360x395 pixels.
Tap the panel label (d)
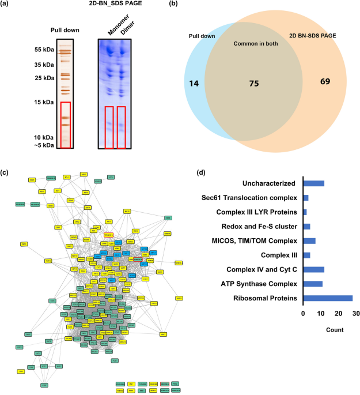point(202,172)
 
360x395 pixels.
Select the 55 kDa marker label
point(43,50)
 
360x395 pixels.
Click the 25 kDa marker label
point(43,77)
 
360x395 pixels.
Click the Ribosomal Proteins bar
point(328,298)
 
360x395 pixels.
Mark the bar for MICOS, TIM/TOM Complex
point(309,240)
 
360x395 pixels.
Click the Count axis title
point(331,330)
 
